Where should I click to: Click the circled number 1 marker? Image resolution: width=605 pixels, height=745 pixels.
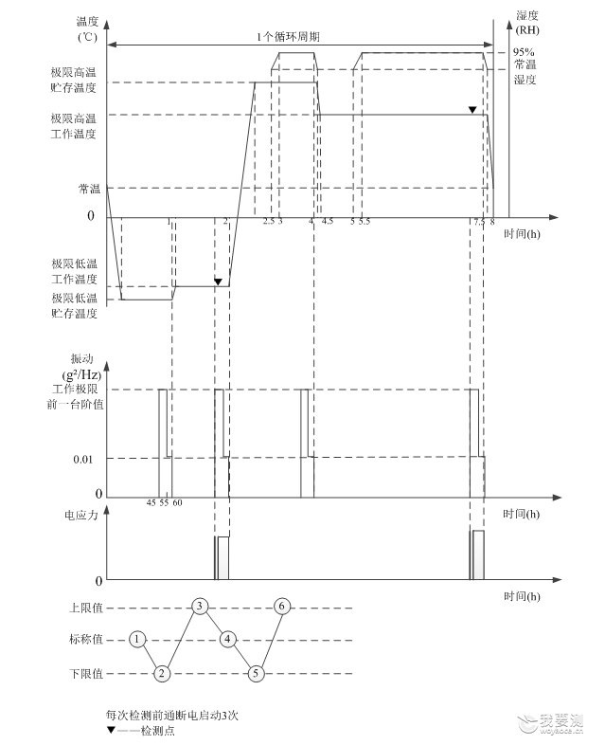click(x=137, y=639)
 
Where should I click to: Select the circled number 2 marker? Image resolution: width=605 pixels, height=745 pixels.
click(x=162, y=673)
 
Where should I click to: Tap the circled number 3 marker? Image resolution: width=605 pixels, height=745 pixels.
click(x=200, y=606)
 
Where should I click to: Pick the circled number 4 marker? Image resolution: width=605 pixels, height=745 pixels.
click(x=228, y=639)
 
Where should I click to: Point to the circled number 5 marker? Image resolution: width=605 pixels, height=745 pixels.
click(x=256, y=673)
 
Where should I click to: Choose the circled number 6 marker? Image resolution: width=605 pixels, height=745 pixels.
click(x=282, y=606)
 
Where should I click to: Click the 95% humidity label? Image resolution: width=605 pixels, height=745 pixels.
click(x=524, y=52)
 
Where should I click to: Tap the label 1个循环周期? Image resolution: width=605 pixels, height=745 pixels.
click(x=288, y=37)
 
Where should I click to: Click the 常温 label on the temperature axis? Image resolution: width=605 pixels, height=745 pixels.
click(x=89, y=189)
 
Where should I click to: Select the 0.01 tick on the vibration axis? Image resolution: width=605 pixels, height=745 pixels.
click(x=83, y=460)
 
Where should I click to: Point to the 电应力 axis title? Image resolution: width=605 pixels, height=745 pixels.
click(x=80, y=515)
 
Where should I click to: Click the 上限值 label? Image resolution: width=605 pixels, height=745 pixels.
click(x=86, y=608)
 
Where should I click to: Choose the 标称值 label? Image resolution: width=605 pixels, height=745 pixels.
click(x=86, y=639)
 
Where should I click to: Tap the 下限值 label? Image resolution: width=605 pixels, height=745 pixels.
click(x=86, y=673)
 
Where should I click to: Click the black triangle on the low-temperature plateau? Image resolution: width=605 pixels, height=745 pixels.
click(x=218, y=282)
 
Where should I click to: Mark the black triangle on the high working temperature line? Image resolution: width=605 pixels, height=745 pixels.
click(x=472, y=110)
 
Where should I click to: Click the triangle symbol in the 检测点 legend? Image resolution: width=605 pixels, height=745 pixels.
click(x=111, y=730)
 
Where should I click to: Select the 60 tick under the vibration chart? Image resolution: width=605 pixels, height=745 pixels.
click(x=177, y=502)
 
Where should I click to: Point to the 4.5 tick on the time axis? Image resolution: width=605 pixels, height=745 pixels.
click(x=328, y=222)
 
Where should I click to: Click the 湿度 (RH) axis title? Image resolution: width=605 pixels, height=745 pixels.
click(x=527, y=23)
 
